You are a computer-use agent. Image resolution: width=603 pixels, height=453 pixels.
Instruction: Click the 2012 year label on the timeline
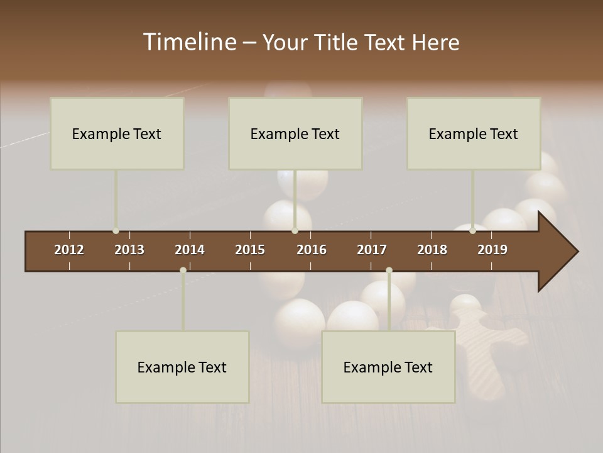(69, 250)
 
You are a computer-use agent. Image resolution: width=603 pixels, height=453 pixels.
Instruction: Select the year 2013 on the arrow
(129, 250)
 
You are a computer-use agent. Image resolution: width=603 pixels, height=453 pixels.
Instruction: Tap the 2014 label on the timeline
(190, 250)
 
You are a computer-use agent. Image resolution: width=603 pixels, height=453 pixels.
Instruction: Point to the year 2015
(250, 250)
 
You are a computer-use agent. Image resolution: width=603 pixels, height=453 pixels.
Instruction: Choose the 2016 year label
(312, 250)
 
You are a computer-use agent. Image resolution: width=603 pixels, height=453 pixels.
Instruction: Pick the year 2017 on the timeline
(372, 250)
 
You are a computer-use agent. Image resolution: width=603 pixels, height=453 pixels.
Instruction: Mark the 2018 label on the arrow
(432, 250)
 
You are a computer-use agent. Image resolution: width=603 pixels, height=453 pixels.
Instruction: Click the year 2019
(492, 250)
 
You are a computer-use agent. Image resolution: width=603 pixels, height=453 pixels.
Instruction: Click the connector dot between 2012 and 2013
(116, 231)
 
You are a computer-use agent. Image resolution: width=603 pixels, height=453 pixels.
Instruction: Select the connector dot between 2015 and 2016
(295, 231)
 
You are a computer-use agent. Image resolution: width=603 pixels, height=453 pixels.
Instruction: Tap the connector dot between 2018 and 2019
(472, 231)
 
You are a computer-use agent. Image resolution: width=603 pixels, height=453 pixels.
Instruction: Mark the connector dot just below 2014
(183, 271)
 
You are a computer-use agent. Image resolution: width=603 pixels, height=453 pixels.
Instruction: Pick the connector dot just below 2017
(389, 271)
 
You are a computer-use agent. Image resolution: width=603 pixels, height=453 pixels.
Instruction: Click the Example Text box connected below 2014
(182, 367)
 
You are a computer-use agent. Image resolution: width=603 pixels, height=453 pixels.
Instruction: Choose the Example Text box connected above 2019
(474, 133)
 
